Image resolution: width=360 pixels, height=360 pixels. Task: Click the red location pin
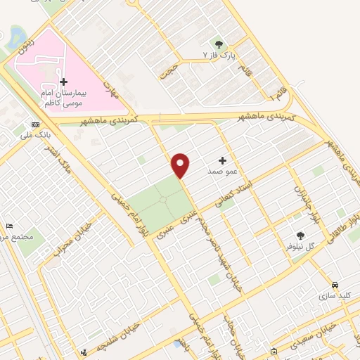(x=181, y=165)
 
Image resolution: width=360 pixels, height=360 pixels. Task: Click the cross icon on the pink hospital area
(x=63, y=82)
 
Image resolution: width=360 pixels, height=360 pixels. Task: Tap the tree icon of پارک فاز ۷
(x=218, y=43)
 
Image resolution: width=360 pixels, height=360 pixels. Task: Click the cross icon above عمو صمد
(x=223, y=160)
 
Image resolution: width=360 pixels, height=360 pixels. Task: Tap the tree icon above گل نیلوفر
(x=301, y=236)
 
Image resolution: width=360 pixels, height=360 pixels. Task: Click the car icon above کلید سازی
(x=335, y=285)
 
